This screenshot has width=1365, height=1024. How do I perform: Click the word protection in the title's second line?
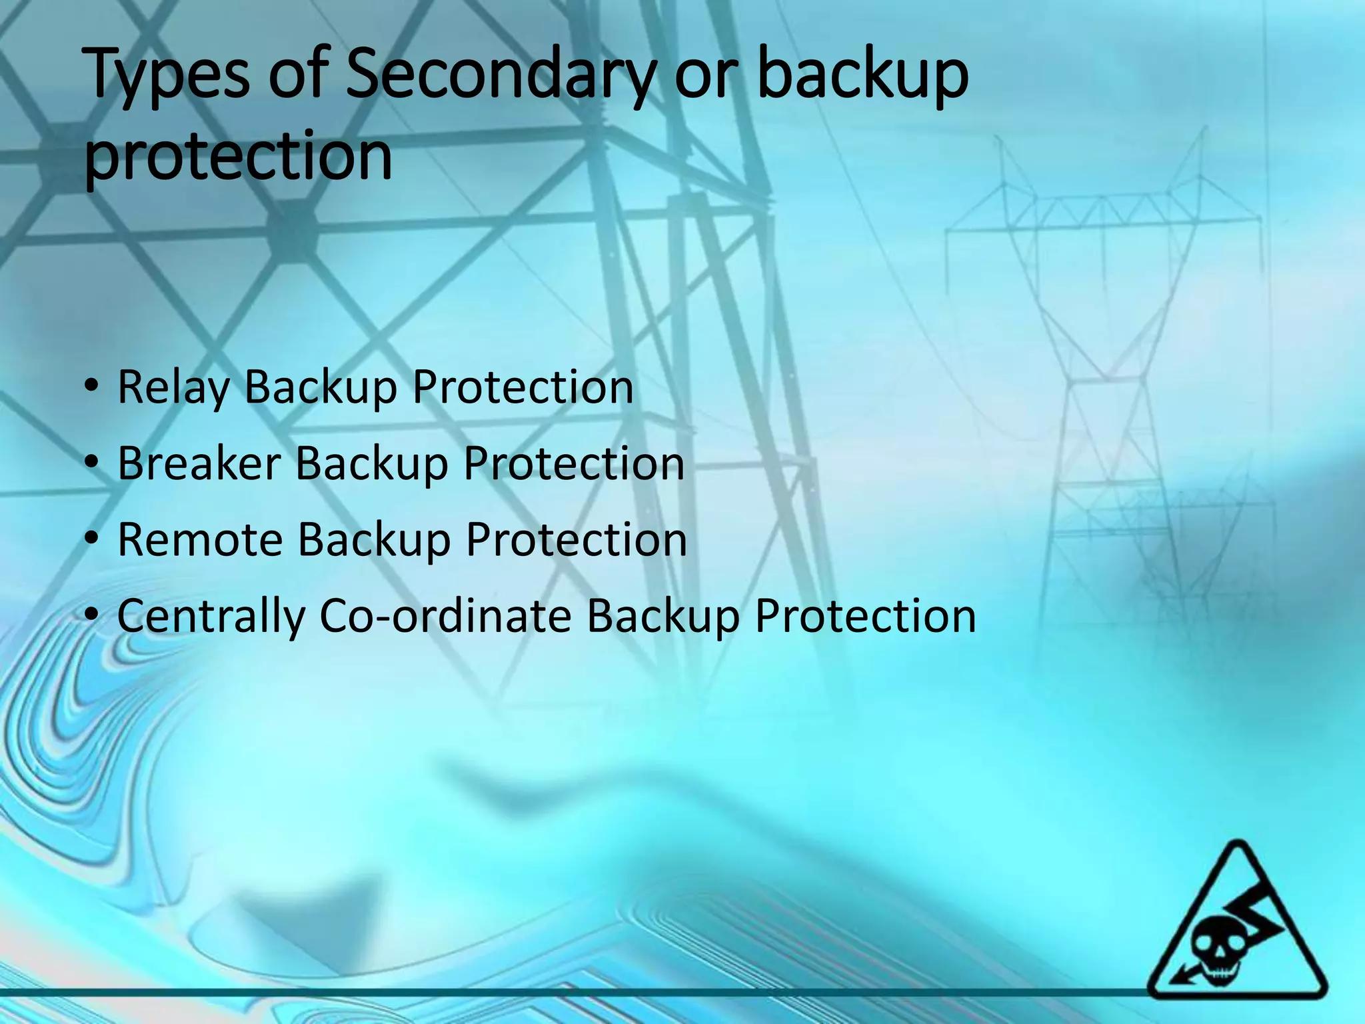tap(238, 157)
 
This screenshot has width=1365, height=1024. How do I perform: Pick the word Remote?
tap(200, 539)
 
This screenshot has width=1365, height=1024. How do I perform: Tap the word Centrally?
tap(211, 617)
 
